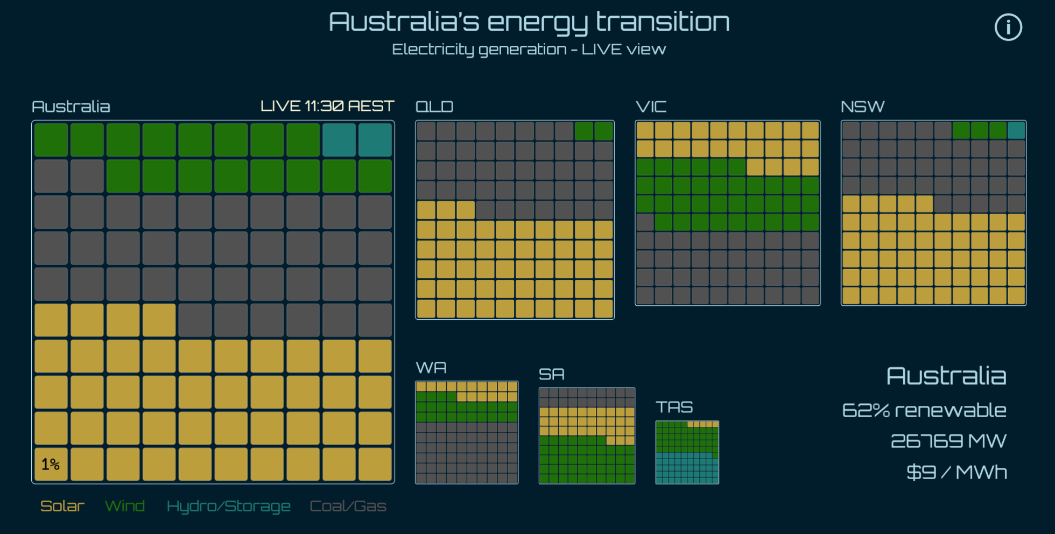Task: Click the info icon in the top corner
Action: pyautogui.click(x=1008, y=27)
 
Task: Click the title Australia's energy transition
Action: pyautogui.click(x=529, y=22)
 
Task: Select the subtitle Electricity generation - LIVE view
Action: pyautogui.click(x=529, y=50)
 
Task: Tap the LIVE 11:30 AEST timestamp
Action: pyautogui.click(x=327, y=106)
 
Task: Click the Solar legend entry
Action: pyautogui.click(x=62, y=506)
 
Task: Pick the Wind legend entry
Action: pyautogui.click(x=125, y=506)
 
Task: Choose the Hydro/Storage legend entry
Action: pyautogui.click(x=229, y=507)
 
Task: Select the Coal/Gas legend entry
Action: pyautogui.click(x=348, y=506)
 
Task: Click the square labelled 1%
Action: pyautogui.click(x=51, y=464)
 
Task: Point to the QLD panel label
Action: pyautogui.click(x=434, y=107)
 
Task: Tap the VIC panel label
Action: pyautogui.click(x=651, y=107)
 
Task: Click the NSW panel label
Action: pyautogui.click(x=863, y=107)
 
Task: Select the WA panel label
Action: pyautogui.click(x=431, y=368)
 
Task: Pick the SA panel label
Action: pyautogui.click(x=552, y=374)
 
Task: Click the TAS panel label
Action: pyautogui.click(x=674, y=407)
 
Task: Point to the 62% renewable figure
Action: pyautogui.click(x=924, y=410)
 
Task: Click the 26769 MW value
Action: pyautogui.click(x=948, y=441)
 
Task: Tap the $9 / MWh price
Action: pyautogui.click(x=956, y=472)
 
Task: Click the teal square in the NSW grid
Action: pyautogui.click(x=1016, y=130)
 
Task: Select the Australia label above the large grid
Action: pyautogui.click(x=71, y=107)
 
